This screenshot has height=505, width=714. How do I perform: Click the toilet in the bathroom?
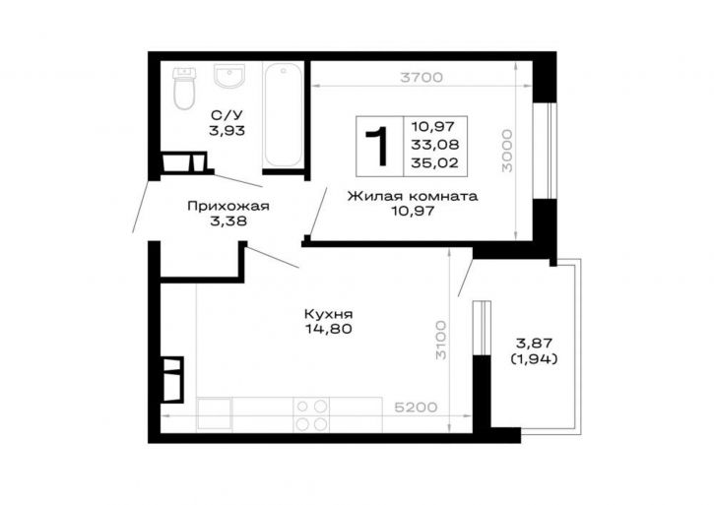point(184,89)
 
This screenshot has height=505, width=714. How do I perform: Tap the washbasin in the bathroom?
point(229,76)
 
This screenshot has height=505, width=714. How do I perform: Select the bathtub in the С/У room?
point(284,115)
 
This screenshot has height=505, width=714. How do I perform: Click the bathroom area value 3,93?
point(227,131)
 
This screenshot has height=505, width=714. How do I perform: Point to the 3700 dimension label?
point(422,78)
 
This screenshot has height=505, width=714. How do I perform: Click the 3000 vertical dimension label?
point(507,151)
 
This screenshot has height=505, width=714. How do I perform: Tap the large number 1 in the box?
point(377,147)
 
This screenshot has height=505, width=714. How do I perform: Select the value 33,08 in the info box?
point(435,145)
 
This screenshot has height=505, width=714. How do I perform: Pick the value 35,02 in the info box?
point(435,163)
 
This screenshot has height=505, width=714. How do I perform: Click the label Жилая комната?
point(413,196)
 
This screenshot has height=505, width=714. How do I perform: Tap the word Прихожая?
point(228,207)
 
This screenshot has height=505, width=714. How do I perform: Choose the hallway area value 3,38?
point(227,221)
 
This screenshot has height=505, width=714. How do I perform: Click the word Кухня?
point(328,314)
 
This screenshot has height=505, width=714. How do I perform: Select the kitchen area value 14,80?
point(329,329)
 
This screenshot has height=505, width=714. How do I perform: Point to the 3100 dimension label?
point(441,341)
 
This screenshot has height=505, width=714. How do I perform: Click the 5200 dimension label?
point(416,408)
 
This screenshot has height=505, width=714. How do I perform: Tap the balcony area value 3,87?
point(534,344)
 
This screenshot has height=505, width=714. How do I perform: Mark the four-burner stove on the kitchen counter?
point(311,414)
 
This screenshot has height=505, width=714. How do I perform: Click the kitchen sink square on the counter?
point(214,414)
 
